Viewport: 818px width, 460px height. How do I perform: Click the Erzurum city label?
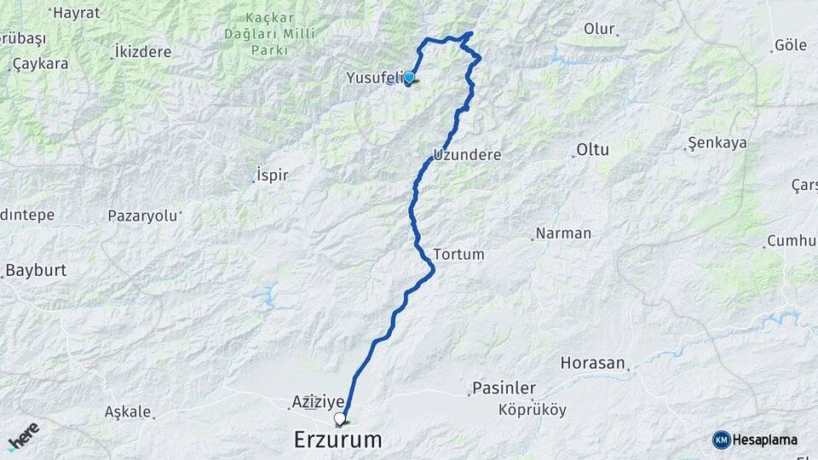click(337, 440)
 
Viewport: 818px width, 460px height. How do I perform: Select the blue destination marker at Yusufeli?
click(409, 78)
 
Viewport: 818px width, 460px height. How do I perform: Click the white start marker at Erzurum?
click(340, 418)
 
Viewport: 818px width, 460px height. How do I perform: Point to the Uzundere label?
click(467, 156)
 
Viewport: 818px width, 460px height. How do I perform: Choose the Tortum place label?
click(458, 254)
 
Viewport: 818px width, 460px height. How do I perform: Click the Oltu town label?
click(593, 149)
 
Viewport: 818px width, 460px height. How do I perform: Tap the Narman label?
click(562, 233)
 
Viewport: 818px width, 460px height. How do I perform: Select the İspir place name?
click(273, 175)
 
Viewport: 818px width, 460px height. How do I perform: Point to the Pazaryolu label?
click(143, 216)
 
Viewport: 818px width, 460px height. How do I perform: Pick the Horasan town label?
click(592, 362)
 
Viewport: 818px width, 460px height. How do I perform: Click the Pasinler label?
click(504, 388)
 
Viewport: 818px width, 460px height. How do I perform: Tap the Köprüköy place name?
click(533, 410)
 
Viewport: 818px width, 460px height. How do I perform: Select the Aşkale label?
click(128, 411)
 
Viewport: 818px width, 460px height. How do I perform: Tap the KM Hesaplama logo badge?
click(755, 440)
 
